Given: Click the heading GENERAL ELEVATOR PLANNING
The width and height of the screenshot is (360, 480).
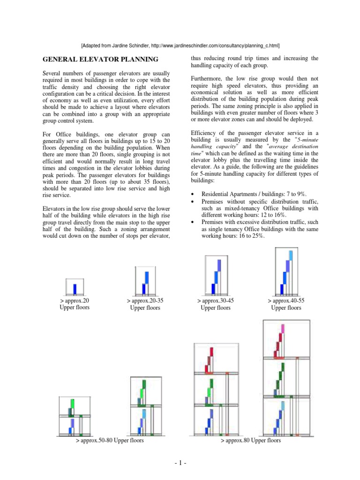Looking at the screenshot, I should (x=101, y=60).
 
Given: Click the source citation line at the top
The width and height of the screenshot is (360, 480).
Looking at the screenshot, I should (x=180, y=45).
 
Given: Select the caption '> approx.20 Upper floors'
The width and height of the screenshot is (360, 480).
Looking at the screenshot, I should (x=75, y=304).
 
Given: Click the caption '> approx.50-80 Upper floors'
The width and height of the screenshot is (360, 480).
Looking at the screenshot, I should (x=110, y=441).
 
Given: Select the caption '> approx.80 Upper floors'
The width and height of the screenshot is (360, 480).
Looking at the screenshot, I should (x=251, y=441).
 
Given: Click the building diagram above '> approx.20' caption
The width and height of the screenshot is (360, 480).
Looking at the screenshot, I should (x=74, y=286).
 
